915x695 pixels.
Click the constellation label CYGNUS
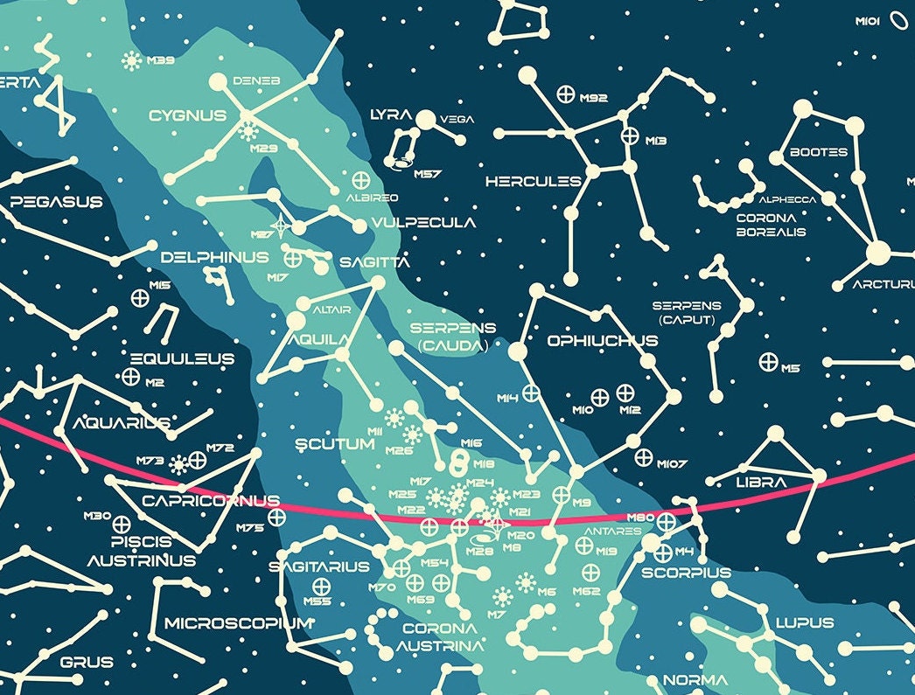pyautogui.click(x=187, y=115)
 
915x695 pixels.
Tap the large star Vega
pyautogui.click(x=426, y=120)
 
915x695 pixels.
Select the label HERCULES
pyautogui.click(x=533, y=182)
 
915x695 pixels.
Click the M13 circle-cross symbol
pyautogui.click(x=630, y=136)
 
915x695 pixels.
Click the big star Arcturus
pyautogui.click(x=877, y=254)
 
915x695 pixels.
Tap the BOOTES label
pyautogui.click(x=818, y=152)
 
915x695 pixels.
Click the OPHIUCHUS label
pyautogui.click(x=602, y=341)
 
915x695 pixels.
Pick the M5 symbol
pyautogui.click(x=768, y=361)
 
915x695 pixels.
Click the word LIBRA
pyautogui.click(x=762, y=483)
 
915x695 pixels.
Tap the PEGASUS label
pyautogui.click(x=56, y=202)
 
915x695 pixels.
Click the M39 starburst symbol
pyautogui.click(x=132, y=60)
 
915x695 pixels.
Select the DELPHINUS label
pyautogui.click(x=214, y=258)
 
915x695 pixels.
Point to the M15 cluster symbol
pyautogui.click(x=139, y=297)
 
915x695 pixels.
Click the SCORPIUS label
pyautogui.click(x=686, y=573)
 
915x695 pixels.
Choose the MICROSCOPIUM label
pyautogui.click(x=238, y=623)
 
